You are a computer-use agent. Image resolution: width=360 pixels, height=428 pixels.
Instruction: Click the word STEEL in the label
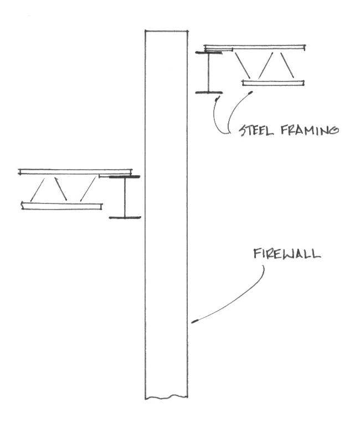pos(254,131)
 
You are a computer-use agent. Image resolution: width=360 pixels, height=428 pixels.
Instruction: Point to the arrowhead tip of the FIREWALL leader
pos(193,322)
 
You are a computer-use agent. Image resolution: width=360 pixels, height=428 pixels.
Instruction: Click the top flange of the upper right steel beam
pos(209,53)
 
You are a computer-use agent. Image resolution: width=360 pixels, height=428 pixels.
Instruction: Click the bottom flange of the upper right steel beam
pos(208,92)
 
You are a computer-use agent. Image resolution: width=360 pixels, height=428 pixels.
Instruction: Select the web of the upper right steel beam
pos(208,72)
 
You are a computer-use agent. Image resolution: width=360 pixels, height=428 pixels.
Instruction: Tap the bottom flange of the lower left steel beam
pos(125,217)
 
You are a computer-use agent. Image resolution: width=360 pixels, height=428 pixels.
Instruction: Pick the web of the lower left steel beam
pos(125,197)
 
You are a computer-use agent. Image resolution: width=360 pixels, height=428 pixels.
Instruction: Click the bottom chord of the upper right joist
pos(274,83)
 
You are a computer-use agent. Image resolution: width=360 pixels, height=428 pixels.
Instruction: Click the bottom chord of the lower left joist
pos(61,206)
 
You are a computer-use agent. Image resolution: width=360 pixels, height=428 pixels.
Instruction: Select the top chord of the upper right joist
pos(255,47)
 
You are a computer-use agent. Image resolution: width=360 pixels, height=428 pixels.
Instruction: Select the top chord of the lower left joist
pos(75,171)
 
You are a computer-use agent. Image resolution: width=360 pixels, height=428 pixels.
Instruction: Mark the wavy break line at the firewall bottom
pos(166,397)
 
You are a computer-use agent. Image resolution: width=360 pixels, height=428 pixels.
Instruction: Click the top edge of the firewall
pos(166,30)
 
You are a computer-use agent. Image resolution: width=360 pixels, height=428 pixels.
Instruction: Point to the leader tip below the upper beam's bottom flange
pos(217,98)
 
